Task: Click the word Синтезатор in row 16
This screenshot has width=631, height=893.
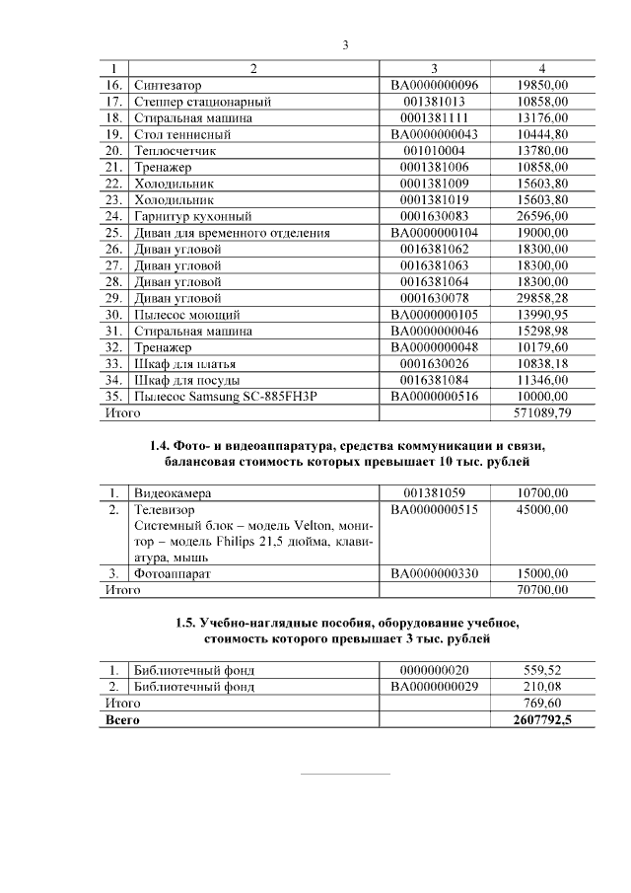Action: (x=167, y=86)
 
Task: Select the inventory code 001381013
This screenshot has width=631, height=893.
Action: (x=434, y=102)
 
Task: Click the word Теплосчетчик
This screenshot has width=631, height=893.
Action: (x=175, y=151)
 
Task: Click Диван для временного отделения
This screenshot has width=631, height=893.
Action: (x=232, y=233)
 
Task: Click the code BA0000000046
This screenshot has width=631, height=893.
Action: (x=434, y=331)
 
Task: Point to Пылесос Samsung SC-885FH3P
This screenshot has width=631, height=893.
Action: (x=223, y=396)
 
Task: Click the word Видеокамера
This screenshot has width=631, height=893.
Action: (x=172, y=491)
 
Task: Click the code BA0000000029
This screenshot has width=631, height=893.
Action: (x=434, y=686)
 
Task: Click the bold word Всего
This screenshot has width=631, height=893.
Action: (x=122, y=720)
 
